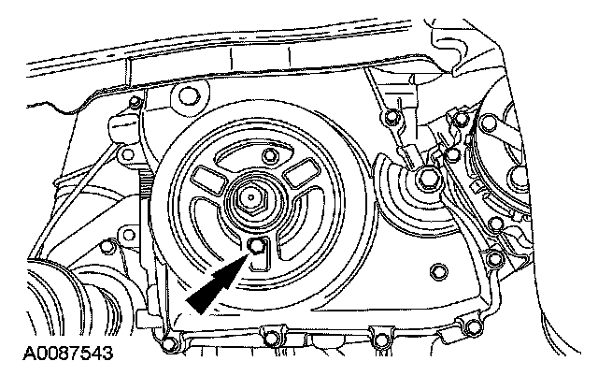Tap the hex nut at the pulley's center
pyautogui.click(x=250, y=198)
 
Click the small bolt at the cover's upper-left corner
pyautogui.click(x=135, y=102)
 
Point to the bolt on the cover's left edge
pyautogui.click(x=110, y=247)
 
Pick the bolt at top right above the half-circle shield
pyautogui.click(x=391, y=117)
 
